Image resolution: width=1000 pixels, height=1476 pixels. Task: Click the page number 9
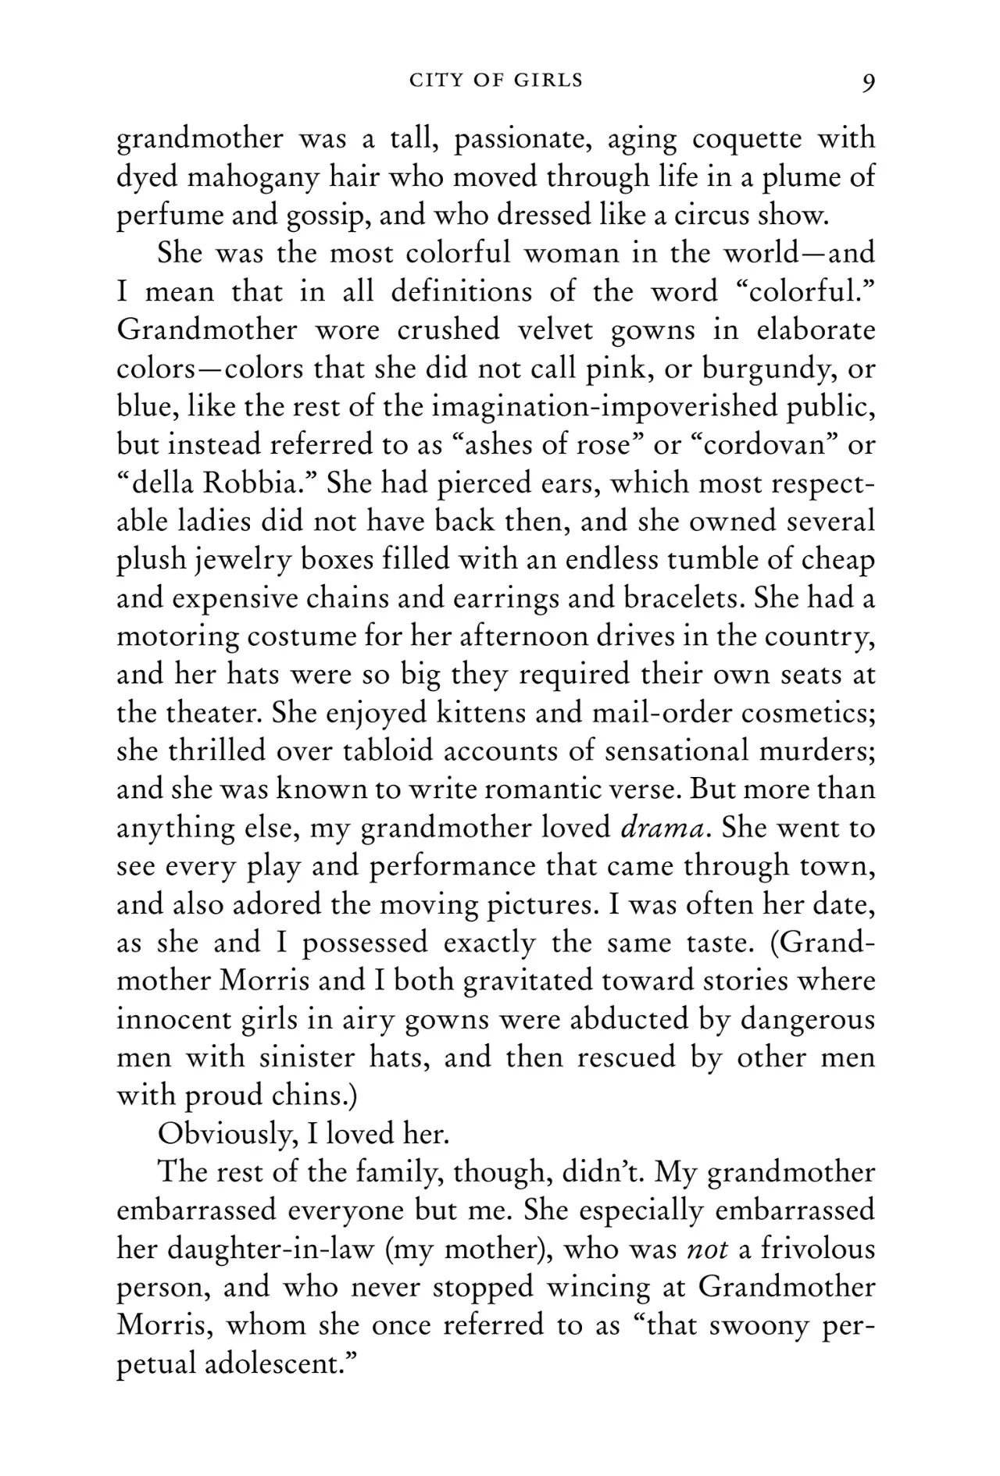click(868, 82)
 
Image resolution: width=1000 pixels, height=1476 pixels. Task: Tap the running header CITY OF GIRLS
click(496, 80)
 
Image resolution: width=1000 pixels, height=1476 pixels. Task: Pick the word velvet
click(555, 330)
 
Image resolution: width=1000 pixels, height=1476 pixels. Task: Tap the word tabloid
click(378, 751)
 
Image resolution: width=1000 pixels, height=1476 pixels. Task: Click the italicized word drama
click(665, 828)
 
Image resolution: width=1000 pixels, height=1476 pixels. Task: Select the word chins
click(311, 1096)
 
